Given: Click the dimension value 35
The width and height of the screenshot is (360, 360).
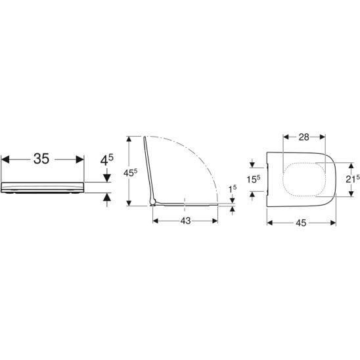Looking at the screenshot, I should point(41,158).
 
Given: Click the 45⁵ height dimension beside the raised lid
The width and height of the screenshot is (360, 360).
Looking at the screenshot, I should point(132,173).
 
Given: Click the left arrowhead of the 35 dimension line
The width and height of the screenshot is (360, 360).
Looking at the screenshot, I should point(5,158).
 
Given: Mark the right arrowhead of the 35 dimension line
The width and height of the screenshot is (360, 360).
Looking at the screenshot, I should point(81,158).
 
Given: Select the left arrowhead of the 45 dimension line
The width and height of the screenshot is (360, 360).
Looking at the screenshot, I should point(270,221).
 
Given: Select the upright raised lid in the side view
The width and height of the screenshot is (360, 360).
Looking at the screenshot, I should point(148,168).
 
